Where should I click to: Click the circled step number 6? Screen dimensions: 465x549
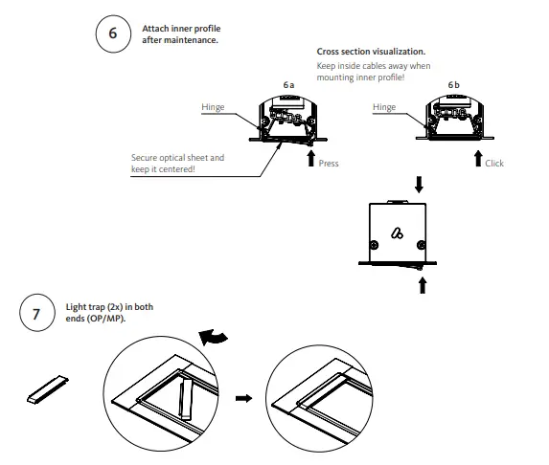[x=112, y=33]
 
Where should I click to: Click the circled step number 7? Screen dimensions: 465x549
[x=35, y=313]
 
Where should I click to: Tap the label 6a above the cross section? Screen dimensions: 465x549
[x=288, y=85]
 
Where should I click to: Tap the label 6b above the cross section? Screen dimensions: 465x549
[x=453, y=85]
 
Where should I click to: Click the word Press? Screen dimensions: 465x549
[x=329, y=164]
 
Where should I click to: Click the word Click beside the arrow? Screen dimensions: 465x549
[x=494, y=164]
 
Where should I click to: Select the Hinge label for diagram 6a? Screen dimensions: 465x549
[x=213, y=108]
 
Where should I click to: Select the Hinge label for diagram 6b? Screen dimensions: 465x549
[x=383, y=108]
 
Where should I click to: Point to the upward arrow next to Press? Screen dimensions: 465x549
[x=310, y=157]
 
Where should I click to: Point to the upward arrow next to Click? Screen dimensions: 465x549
[x=476, y=157]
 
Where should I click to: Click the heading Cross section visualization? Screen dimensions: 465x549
[x=371, y=51]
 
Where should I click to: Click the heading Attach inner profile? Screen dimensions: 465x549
[x=173, y=29]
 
